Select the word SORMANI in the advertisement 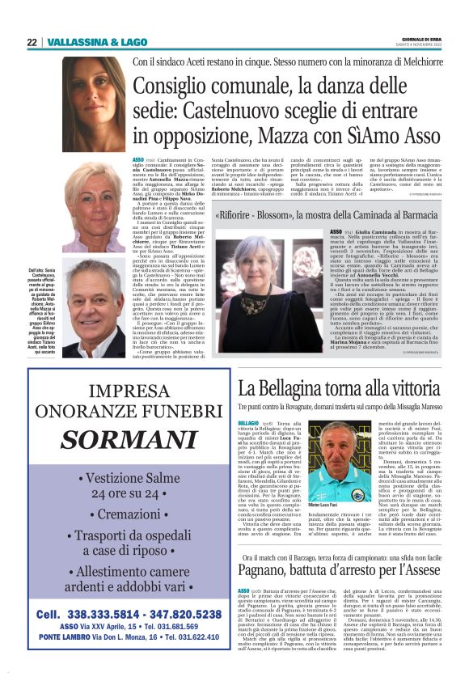(125, 440)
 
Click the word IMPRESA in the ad (125, 393)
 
